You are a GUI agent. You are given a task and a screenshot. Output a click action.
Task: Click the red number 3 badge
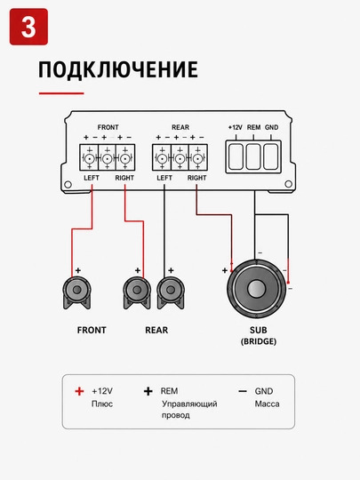click(x=28, y=27)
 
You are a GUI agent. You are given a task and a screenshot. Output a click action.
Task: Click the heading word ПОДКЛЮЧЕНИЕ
click(x=118, y=69)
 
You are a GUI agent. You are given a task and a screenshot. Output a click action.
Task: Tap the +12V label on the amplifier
click(x=235, y=127)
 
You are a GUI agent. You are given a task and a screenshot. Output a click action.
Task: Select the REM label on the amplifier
click(x=253, y=127)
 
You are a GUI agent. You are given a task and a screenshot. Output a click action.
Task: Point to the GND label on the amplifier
click(x=271, y=127)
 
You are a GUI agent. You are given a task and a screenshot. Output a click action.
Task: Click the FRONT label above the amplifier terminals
click(x=108, y=127)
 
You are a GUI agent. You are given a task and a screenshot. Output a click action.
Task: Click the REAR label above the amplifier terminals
click(x=180, y=127)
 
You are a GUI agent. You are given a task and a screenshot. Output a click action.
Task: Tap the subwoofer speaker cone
click(x=257, y=289)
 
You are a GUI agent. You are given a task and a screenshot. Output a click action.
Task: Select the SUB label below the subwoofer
click(x=259, y=330)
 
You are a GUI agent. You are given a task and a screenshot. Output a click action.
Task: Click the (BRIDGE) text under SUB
click(x=259, y=341)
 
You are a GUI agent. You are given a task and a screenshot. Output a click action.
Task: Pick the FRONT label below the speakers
click(x=92, y=330)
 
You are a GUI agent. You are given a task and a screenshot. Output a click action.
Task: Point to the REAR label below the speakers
click(x=156, y=330)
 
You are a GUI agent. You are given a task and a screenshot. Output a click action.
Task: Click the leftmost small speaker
click(x=76, y=292)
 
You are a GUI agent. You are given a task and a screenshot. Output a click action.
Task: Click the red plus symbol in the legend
click(x=79, y=391)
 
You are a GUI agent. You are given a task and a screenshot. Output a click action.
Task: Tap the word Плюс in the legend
click(x=102, y=404)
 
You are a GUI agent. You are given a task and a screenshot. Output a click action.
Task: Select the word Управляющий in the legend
click(x=189, y=404)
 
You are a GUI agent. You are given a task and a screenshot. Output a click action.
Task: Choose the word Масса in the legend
click(x=267, y=404)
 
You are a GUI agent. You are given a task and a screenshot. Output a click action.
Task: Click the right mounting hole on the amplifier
click(x=288, y=184)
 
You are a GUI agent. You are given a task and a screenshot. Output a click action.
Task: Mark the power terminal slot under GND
click(x=271, y=156)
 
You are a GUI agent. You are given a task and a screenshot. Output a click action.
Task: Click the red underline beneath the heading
click(x=61, y=93)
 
